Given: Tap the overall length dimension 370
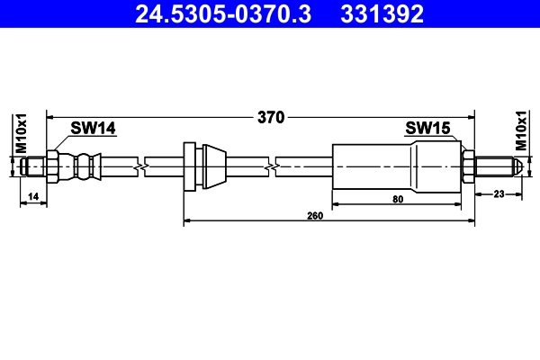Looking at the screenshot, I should [271, 116].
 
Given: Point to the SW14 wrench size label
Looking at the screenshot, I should [94, 130].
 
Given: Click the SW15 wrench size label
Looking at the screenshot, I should [427, 129].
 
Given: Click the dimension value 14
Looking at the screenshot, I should [32, 195].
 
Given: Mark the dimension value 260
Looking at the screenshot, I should [315, 216].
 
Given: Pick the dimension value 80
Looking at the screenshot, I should [397, 201].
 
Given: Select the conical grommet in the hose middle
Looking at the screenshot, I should [212, 166].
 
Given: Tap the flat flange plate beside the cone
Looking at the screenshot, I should [189, 166].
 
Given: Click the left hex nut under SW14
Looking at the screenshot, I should [52, 166].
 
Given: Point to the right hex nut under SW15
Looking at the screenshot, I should [468, 166].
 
